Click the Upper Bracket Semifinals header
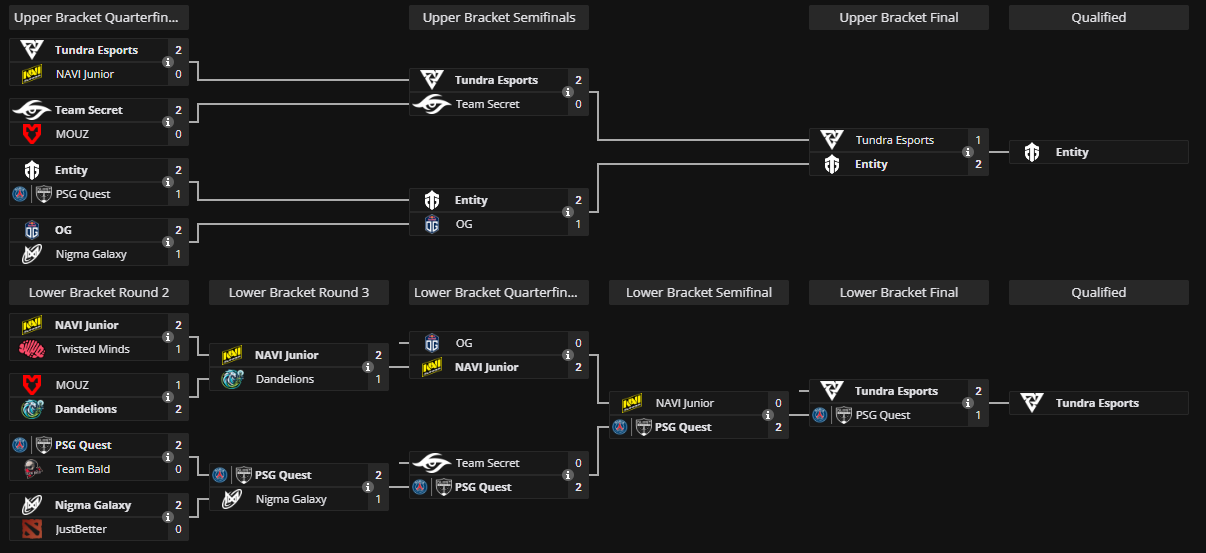[499, 17]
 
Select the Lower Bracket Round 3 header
[299, 292]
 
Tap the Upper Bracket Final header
[898, 17]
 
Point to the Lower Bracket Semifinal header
[699, 292]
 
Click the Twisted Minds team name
[91, 349]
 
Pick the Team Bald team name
[83, 469]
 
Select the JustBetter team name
[81, 529]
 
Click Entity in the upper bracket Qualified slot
[1072, 152]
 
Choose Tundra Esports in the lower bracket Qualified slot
[1097, 403]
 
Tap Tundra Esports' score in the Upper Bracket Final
[978, 140]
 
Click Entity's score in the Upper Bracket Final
[978, 164]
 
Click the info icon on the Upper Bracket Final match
[968, 152]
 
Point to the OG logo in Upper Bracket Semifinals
[432, 224]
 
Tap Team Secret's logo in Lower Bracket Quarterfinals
[432, 463]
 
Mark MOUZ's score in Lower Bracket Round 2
[178, 385]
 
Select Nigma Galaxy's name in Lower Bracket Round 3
[291, 499]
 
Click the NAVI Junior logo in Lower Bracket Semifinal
[632, 403]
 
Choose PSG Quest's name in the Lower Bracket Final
[883, 415]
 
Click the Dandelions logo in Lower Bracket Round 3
[232, 379]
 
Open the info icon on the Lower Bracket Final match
[968, 403]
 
